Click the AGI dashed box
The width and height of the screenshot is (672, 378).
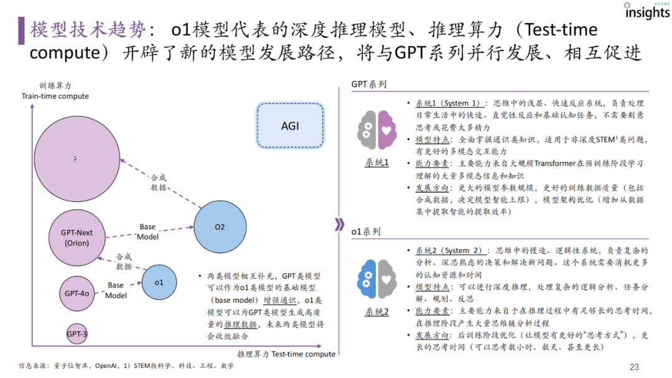coord(290,126)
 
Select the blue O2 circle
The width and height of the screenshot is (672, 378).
coord(219,227)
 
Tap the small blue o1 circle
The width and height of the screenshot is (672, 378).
coord(159,282)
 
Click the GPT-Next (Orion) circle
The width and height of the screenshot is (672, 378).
coord(77,237)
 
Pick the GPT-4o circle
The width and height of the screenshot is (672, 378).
coord(77,292)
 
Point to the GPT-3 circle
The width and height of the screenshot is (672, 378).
coord(77,334)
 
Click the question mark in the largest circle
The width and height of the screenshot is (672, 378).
coord(75,160)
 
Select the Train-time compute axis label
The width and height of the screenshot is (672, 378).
coord(55,96)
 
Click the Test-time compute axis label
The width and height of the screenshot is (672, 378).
coord(286,354)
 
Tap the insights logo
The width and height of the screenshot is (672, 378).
coord(647,12)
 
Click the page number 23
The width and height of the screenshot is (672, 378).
coord(634,367)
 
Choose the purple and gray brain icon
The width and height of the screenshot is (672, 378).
coord(376,129)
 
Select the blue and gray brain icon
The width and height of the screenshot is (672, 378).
coord(376,279)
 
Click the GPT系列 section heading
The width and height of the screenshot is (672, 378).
coord(368,84)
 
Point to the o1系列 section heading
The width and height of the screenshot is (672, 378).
coord(366,231)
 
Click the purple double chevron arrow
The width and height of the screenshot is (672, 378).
coord(338,224)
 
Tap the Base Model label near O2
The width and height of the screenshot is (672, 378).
coord(148,232)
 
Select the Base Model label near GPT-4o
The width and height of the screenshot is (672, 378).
coord(116,290)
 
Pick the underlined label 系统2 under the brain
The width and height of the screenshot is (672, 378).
coord(376,312)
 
